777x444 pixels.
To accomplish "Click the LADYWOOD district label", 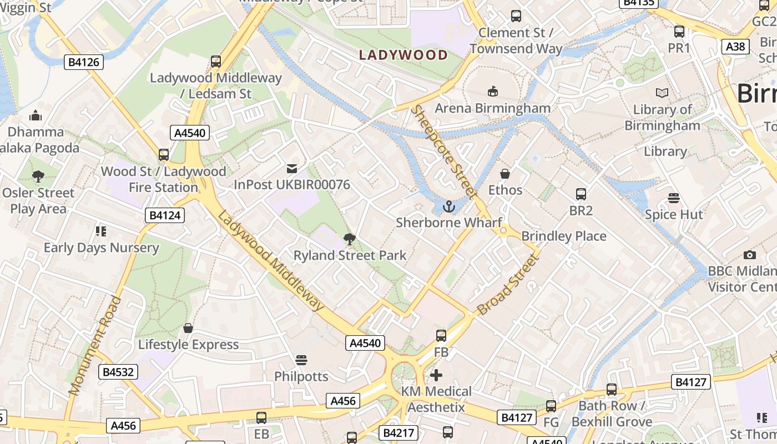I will tap(403, 55).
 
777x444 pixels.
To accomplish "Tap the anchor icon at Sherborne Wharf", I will tap(448, 207).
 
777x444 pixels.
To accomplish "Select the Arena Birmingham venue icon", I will tap(492, 91).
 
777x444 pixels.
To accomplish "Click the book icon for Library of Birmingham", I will tap(662, 93).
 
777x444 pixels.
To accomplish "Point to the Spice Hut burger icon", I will tap(674, 198).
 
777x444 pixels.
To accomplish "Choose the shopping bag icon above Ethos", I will tap(504, 174).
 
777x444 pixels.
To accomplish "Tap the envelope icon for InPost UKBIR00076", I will tap(291, 169).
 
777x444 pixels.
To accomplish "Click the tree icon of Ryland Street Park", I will tap(350, 239).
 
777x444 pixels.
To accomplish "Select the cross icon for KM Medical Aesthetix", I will tap(436, 375).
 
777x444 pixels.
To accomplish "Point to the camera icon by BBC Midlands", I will tap(750, 255).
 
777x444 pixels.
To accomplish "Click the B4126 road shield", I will tap(84, 62).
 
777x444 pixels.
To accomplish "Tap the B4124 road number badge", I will tap(165, 215).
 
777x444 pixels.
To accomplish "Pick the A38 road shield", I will tap(735, 47).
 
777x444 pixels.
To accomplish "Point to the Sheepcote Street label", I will tap(443, 152).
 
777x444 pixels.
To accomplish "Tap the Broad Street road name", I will tap(508, 285).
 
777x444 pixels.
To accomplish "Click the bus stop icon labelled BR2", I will tap(581, 194).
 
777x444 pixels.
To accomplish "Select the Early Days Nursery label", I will tap(101, 248).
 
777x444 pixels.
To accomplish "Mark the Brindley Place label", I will tap(563, 236).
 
